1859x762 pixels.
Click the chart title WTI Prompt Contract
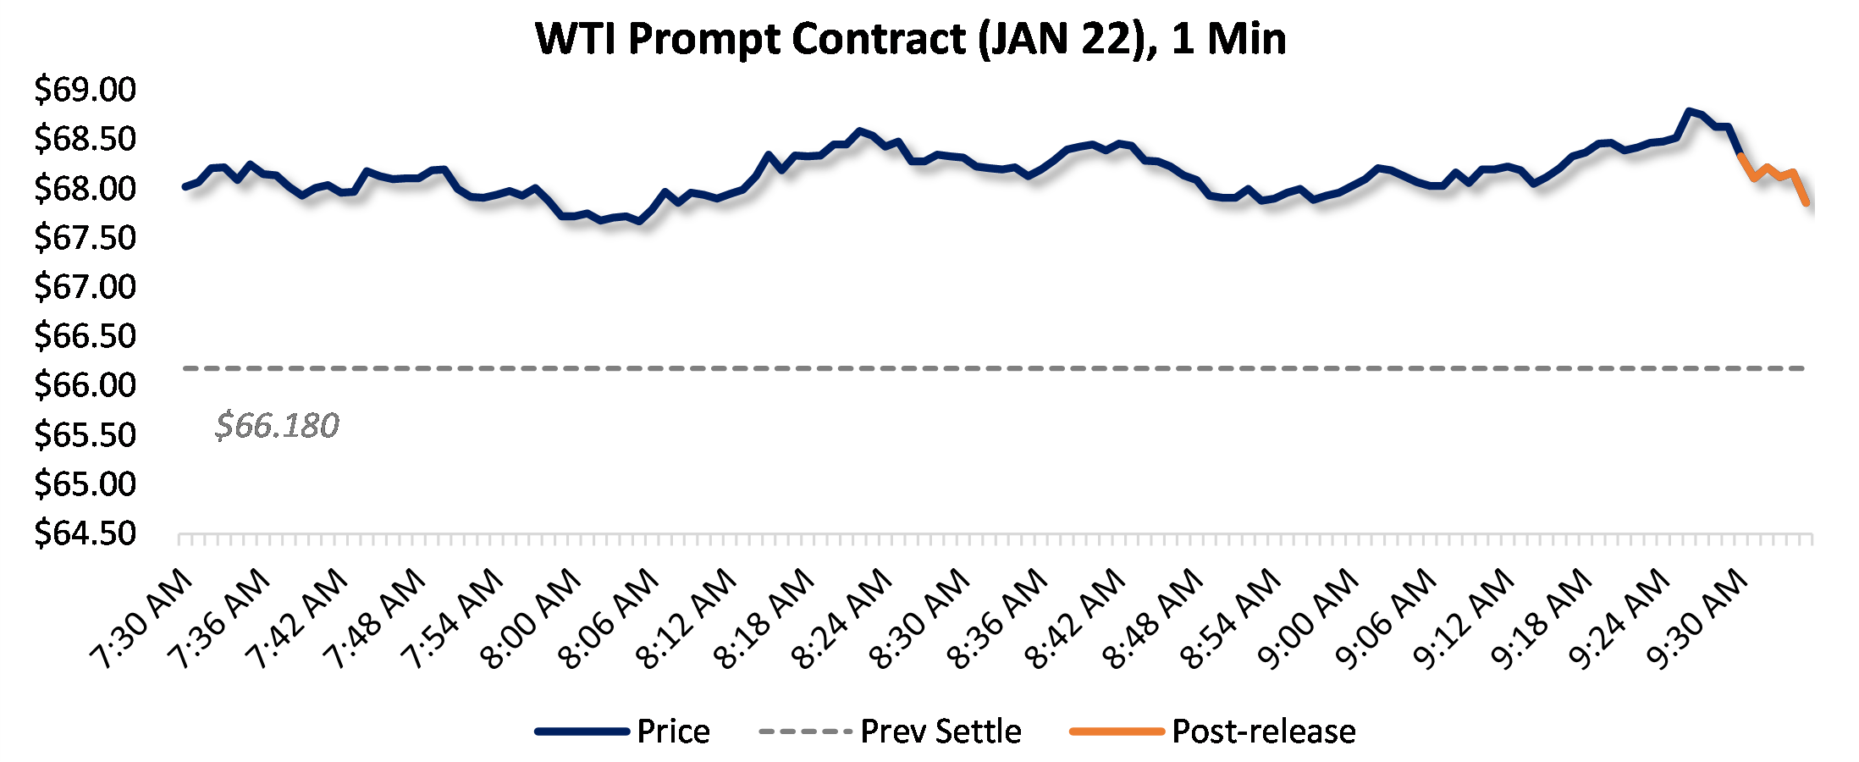coord(911,39)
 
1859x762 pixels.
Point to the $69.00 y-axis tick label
coord(85,90)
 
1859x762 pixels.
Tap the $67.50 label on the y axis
coord(85,238)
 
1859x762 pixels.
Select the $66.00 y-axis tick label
coord(85,385)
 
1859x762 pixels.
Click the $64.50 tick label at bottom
coord(85,533)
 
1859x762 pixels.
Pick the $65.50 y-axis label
coord(85,435)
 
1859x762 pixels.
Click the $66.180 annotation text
coord(277,425)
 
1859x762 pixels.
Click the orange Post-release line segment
coord(1768,169)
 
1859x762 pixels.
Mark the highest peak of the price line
coord(1689,111)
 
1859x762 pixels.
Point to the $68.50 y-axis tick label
coord(85,139)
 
